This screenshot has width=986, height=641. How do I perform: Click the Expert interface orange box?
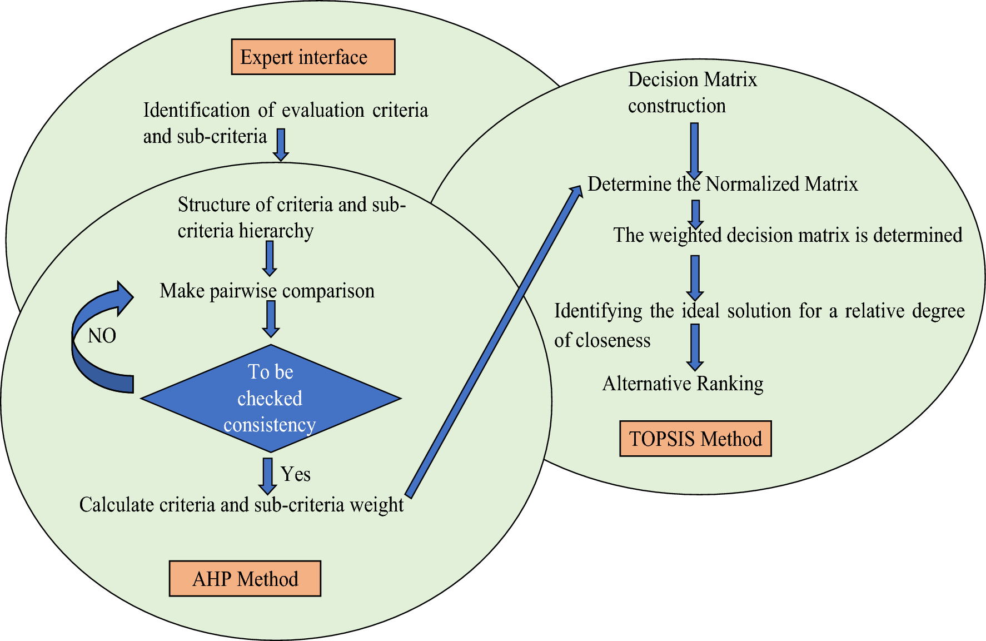(x=313, y=57)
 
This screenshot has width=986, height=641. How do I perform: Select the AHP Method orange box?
(x=245, y=579)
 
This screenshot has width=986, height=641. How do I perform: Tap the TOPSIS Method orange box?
(x=695, y=439)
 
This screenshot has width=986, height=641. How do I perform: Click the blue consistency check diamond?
(x=271, y=398)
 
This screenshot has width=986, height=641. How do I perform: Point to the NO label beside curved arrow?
(x=102, y=336)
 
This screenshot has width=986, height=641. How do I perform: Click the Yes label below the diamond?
(x=296, y=474)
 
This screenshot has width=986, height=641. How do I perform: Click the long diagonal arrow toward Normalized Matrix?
(x=495, y=340)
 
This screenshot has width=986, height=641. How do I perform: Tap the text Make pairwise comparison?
(x=267, y=291)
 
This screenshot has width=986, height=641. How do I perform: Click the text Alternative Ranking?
(x=683, y=384)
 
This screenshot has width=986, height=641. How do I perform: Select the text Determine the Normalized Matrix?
(x=723, y=184)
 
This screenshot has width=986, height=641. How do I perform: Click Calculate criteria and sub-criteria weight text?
(x=241, y=505)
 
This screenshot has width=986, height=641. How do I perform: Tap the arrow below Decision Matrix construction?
(x=694, y=150)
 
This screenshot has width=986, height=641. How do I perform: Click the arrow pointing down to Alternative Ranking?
(x=695, y=347)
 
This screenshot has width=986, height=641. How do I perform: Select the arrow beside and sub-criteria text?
(x=281, y=144)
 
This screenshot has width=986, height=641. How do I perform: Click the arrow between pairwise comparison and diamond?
(x=271, y=319)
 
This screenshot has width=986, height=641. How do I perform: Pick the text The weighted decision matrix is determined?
(x=788, y=235)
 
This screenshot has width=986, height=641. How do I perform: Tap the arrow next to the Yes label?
(x=267, y=475)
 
